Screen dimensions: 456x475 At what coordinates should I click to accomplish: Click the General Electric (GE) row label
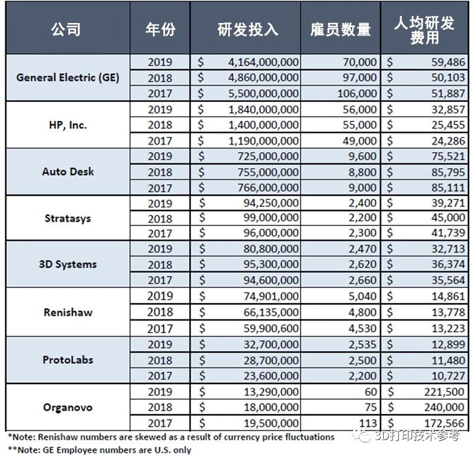[x=68, y=77]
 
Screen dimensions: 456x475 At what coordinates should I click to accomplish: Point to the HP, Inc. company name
[x=68, y=124]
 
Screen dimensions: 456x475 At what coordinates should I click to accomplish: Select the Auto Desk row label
[x=68, y=172]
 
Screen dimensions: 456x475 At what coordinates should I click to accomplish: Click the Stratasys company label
[x=68, y=218]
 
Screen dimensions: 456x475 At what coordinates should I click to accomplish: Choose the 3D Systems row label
[x=68, y=265]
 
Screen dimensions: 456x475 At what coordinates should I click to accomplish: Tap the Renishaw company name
[x=68, y=312]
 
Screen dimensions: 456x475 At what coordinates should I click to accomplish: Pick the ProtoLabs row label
[x=68, y=359]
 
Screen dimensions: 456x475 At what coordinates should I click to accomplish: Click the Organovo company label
[x=68, y=406]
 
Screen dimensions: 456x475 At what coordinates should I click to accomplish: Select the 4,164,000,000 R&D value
[x=263, y=62]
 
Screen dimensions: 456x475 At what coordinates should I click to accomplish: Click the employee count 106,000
[x=357, y=93]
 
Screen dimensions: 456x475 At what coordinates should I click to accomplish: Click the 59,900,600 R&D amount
[x=268, y=327]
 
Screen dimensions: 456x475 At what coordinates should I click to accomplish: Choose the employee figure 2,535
[x=362, y=343]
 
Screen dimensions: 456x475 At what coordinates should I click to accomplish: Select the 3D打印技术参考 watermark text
[x=417, y=437]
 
